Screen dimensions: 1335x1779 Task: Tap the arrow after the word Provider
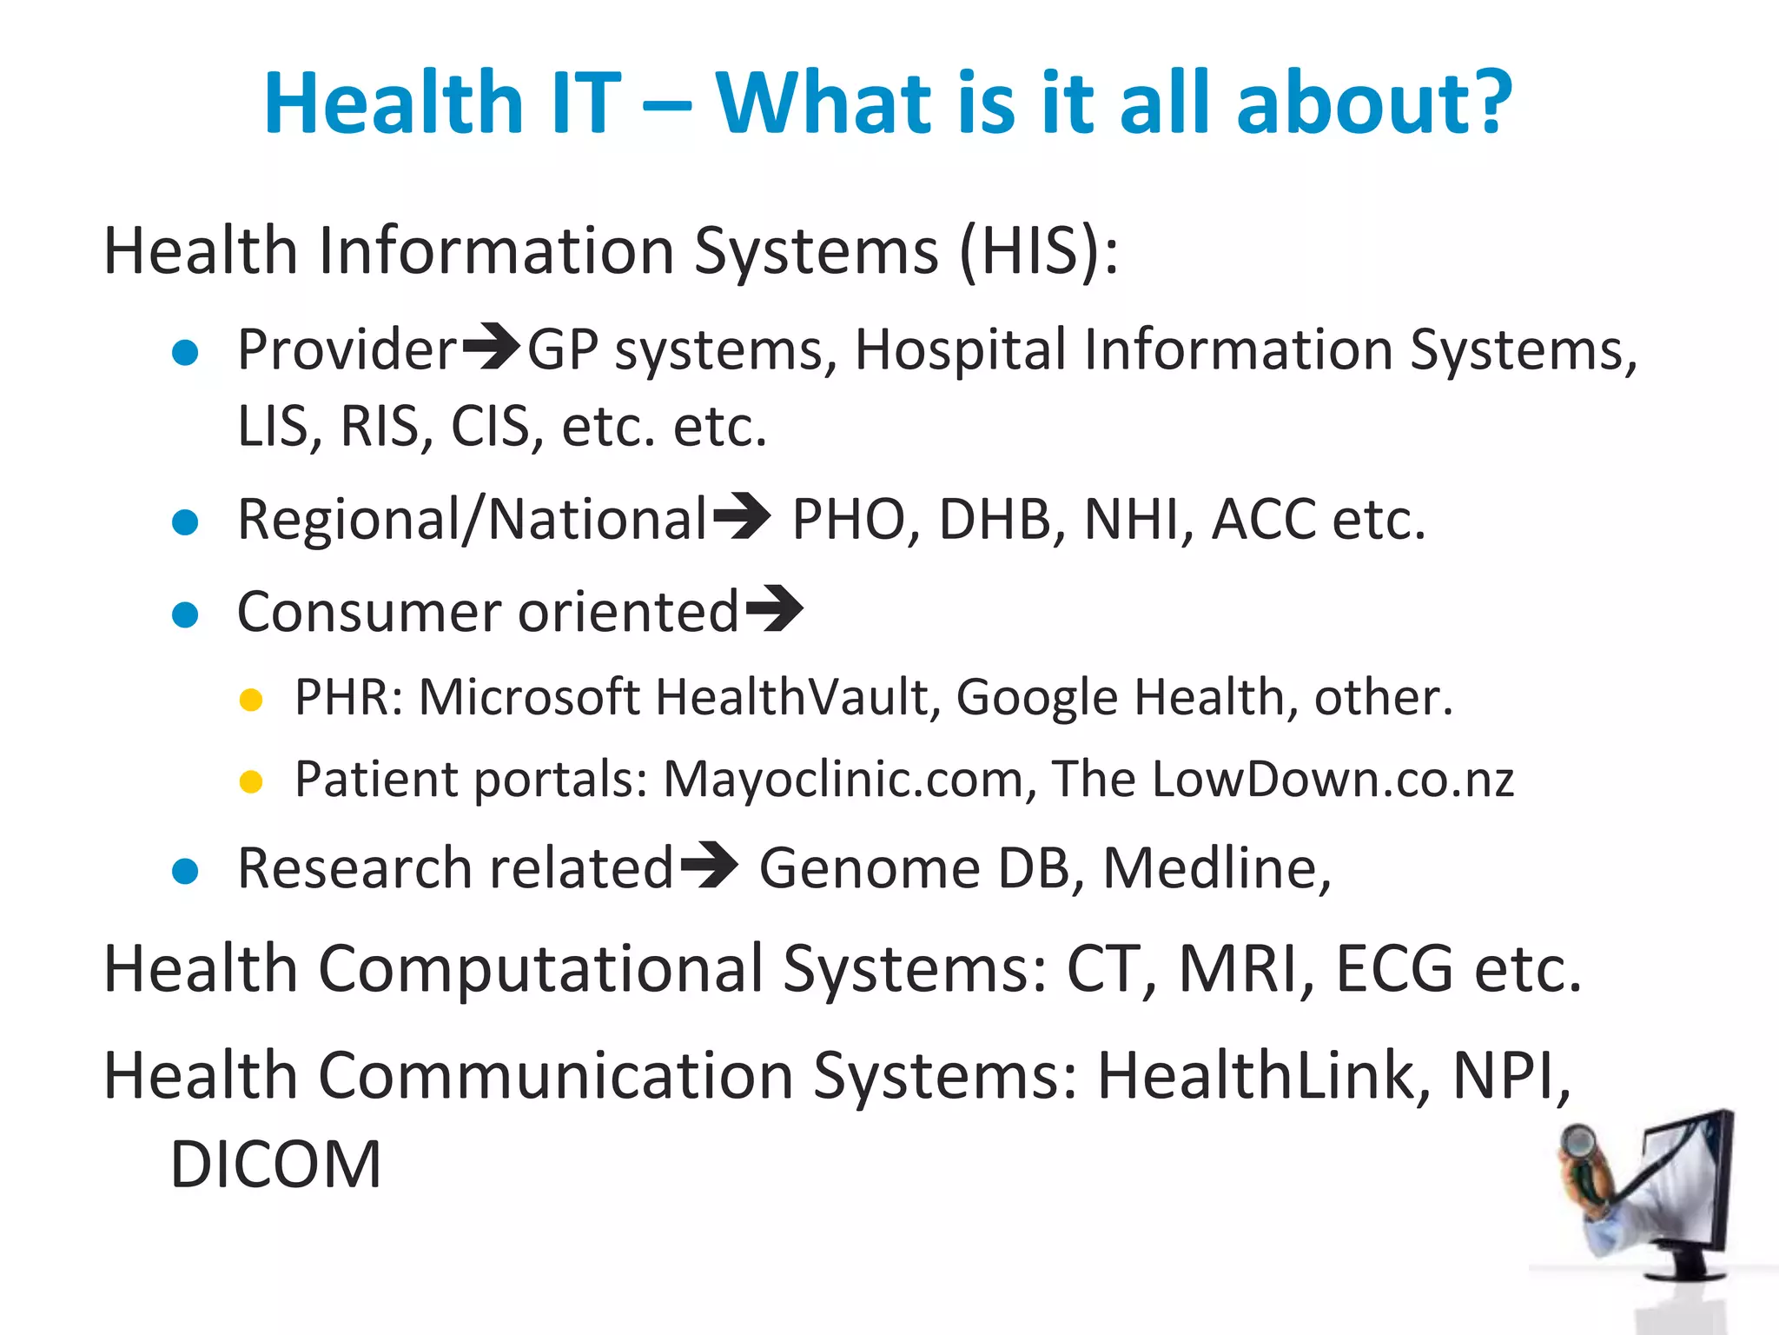pos(491,347)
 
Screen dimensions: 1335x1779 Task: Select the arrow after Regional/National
pos(741,516)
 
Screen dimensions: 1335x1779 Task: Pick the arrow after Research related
pos(709,866)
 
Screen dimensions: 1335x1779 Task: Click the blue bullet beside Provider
pos(185,353)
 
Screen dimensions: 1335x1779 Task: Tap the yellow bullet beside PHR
pos(251,700)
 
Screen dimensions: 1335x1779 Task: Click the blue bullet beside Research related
pos(185,871)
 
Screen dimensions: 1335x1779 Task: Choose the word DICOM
pos(275,1165)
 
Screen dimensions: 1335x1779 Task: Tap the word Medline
pos(1216,867)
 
